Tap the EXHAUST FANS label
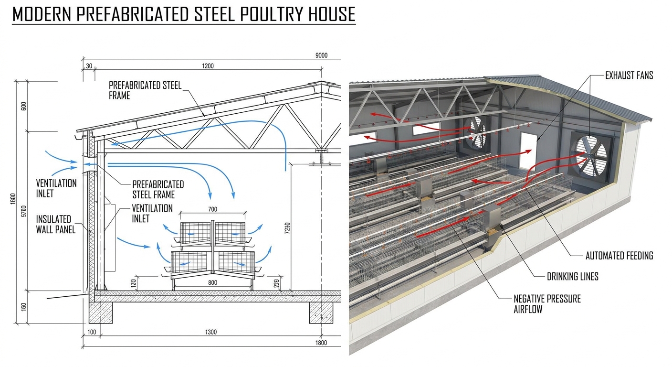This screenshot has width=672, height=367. click(629, 75)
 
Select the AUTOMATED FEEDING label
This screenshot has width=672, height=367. click(619, 256)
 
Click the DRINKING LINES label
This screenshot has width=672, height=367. click(572, 276)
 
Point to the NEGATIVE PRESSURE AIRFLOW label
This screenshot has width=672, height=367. click(547, 304)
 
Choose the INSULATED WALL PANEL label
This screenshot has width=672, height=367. click(55, 224)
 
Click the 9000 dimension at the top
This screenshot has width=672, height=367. click(321, 55)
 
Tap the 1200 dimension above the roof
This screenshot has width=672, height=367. click(208, 66)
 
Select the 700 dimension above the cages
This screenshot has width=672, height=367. click(212, 209)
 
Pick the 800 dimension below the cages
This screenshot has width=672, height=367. click(212, 282)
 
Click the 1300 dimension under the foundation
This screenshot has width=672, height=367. click(210, 332)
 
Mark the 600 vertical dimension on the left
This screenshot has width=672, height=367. click(24, 106)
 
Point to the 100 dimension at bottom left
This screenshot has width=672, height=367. click(92, 332)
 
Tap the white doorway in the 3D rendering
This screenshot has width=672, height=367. click(528, 152)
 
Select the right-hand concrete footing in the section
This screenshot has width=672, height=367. click(321, 313)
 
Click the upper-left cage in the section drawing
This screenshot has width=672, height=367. click(195, 233)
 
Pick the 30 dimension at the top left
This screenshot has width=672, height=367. click(89, 66)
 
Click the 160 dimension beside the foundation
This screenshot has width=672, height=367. click(24, 307)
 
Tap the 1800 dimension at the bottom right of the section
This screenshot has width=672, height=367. click(321, 343)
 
